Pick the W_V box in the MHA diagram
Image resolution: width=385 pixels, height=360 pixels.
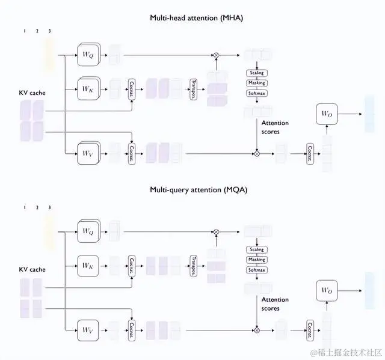tap(88, 153)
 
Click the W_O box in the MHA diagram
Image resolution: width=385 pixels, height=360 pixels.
tap(327, 114)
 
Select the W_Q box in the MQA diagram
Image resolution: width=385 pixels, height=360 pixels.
tap(88, 230)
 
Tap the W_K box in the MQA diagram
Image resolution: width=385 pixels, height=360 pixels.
tap(88, 264)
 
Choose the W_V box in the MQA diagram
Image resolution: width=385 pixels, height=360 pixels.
tap(88, 328)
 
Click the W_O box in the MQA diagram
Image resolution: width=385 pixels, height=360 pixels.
tap(327, 290)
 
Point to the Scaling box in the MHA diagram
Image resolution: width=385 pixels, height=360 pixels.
tap(256, 73)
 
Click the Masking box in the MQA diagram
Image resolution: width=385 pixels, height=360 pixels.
tap(256, 260)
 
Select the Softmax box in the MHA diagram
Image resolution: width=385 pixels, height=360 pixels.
tap(256, 94)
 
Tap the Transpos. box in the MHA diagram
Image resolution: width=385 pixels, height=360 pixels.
tap(194, 88)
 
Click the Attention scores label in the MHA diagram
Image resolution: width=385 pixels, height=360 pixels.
tap(275, 127)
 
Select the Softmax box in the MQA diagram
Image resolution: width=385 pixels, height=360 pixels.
tap(256, 270)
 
